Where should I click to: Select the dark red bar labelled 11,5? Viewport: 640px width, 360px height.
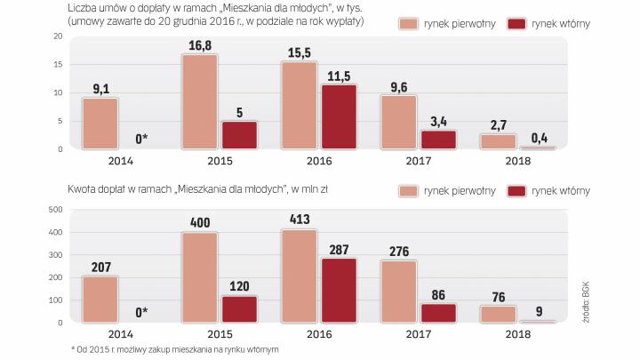[x=339, y=117]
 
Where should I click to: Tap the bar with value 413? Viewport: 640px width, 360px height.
[x=299, y=276]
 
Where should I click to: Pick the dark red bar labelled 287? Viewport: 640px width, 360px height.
[x=339, y=291]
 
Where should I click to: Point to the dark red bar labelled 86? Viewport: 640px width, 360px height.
[x=438, y=313]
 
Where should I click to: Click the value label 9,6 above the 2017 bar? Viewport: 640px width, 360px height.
[x=398, y=87]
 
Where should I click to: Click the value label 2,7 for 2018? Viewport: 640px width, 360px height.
[x=498, y=125]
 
